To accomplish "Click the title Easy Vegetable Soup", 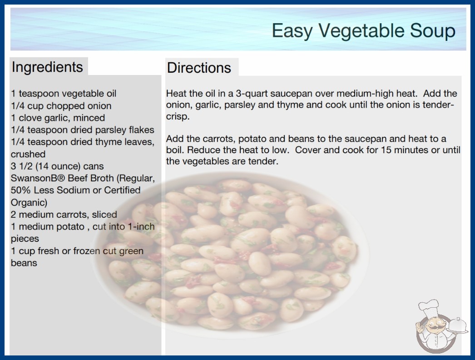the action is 364,31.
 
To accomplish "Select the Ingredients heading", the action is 47,67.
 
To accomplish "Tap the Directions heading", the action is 199,68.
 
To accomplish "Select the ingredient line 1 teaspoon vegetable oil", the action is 64,94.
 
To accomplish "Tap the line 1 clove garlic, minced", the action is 58,118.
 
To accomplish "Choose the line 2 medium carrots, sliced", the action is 64,215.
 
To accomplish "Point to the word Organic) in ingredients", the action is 29,203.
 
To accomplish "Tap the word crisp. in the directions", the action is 178,116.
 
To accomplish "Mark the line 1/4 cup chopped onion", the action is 61,106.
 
